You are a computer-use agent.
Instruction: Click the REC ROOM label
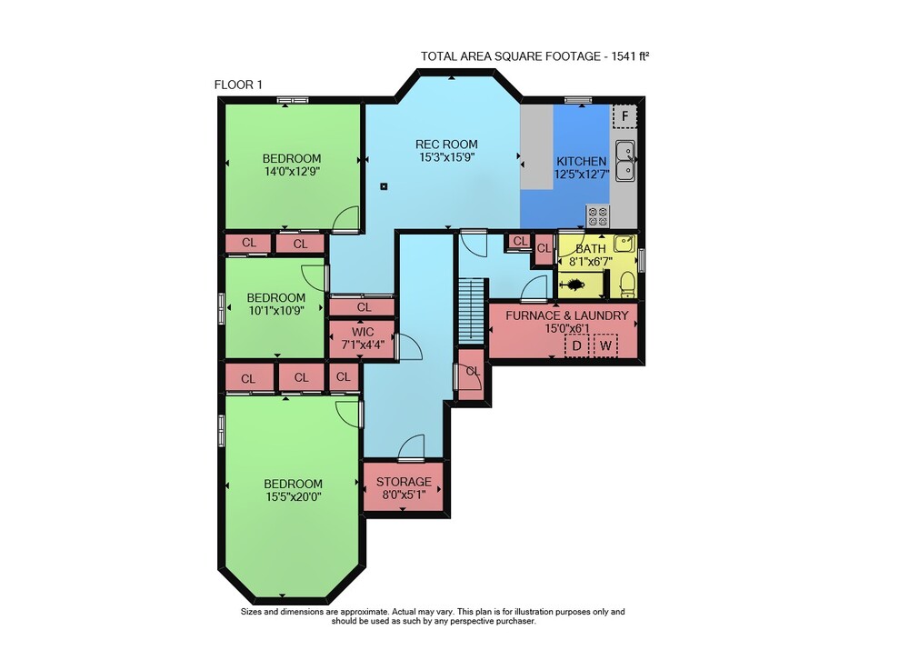[446, 145]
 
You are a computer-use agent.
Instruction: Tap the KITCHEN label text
[582, 162]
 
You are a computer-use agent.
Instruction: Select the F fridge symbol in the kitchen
[625, 116]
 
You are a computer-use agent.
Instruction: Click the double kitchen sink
[625, 161]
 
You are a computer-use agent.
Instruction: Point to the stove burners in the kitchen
[598, 216]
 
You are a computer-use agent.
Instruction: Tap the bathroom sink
[624, 244]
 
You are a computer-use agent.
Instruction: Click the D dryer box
[577, 346]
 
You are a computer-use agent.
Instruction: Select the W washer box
[605, 346]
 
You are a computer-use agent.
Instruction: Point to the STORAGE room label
[404, 482]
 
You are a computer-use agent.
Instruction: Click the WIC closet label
[363, 332]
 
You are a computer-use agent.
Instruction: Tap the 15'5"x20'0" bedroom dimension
[294, 496]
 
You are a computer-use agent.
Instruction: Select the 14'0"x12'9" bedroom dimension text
[292, 172]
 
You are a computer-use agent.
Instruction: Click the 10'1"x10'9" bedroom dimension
[276, 311]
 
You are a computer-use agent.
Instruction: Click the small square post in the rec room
[384, 186]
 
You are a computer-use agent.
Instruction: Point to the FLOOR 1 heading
[238, 85]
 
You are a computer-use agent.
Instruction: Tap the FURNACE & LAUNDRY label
[567, 315]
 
